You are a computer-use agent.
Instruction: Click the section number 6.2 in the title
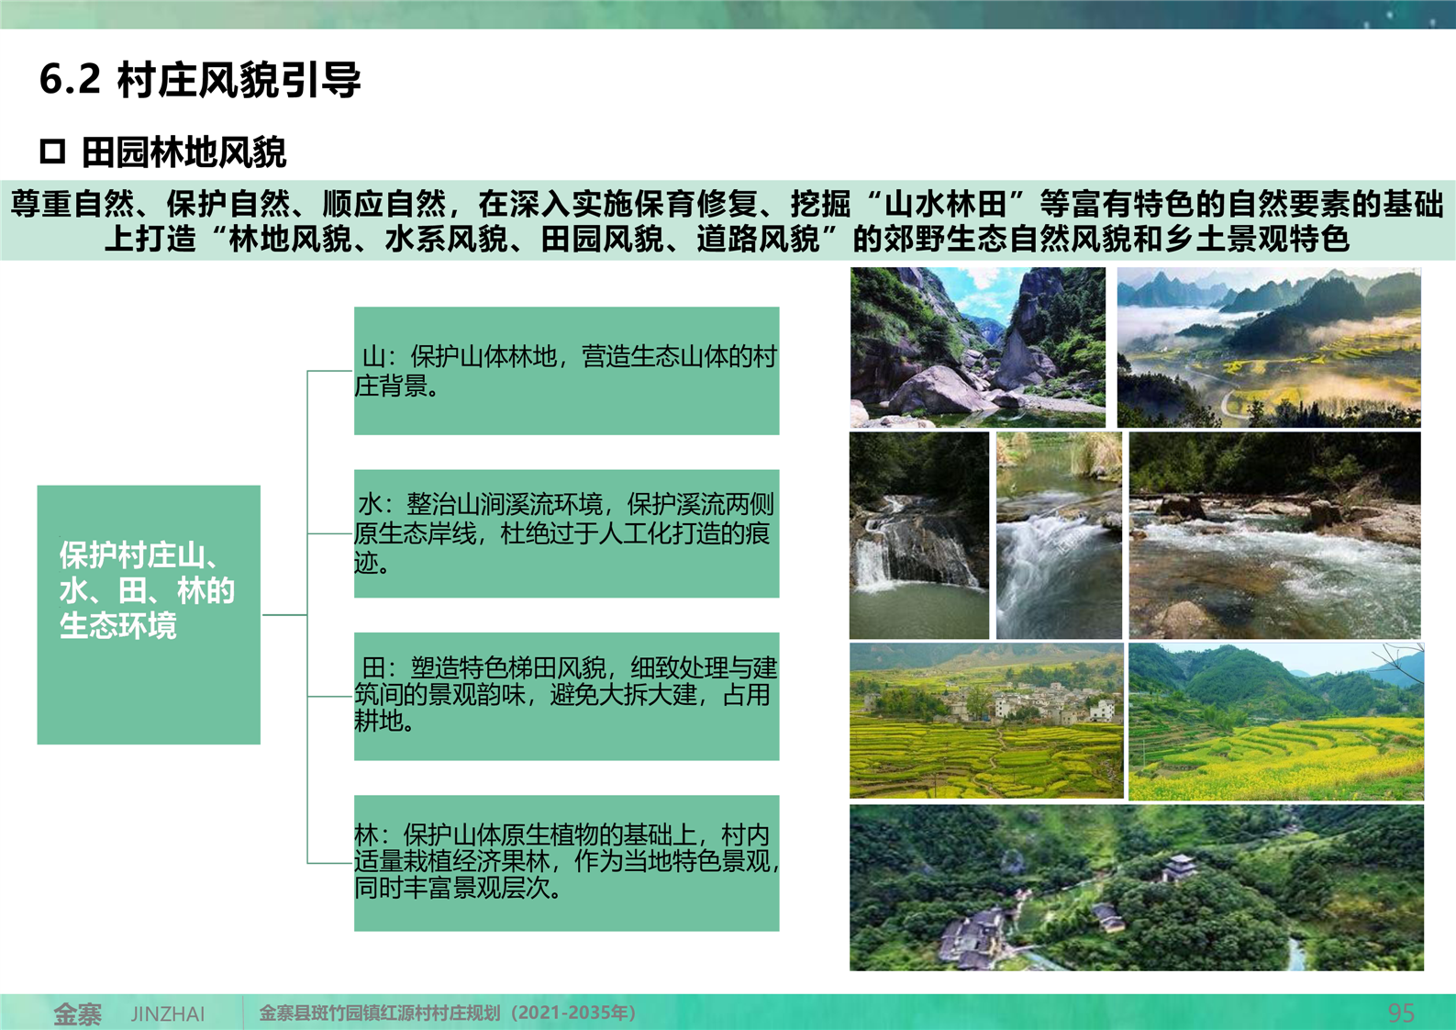[71, 80]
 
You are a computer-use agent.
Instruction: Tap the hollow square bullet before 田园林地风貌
[52, 151]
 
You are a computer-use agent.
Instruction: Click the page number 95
[1401, 1013]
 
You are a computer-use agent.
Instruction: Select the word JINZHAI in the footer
[168, 1013]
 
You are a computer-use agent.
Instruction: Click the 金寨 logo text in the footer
[77, 1013]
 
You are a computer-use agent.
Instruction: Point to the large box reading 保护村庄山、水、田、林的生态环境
[149, 614]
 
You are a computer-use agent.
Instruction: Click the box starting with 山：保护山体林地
[566, 371]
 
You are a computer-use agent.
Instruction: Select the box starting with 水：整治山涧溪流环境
[566, 533]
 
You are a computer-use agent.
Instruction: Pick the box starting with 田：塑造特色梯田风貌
[566, 696]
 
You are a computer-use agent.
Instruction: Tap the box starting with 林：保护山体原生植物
[566, 863]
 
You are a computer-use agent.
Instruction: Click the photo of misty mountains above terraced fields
[1269, 347]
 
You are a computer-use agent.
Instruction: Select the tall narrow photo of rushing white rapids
[1059, 535]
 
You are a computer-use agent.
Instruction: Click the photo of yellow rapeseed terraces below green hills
[1276, 722]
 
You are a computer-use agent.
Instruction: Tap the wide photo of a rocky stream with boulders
[1274, 535]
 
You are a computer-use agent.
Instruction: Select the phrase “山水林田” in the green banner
[946, 204]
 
